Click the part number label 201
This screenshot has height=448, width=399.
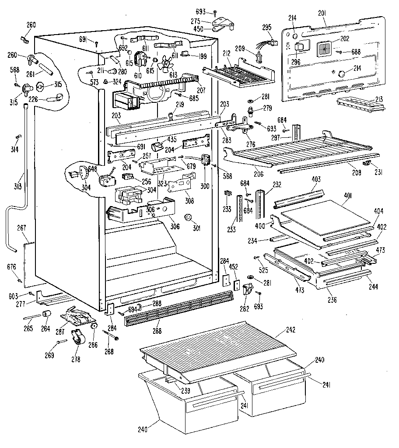322,15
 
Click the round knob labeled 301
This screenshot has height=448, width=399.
189,217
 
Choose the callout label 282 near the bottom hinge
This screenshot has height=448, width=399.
244,308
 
